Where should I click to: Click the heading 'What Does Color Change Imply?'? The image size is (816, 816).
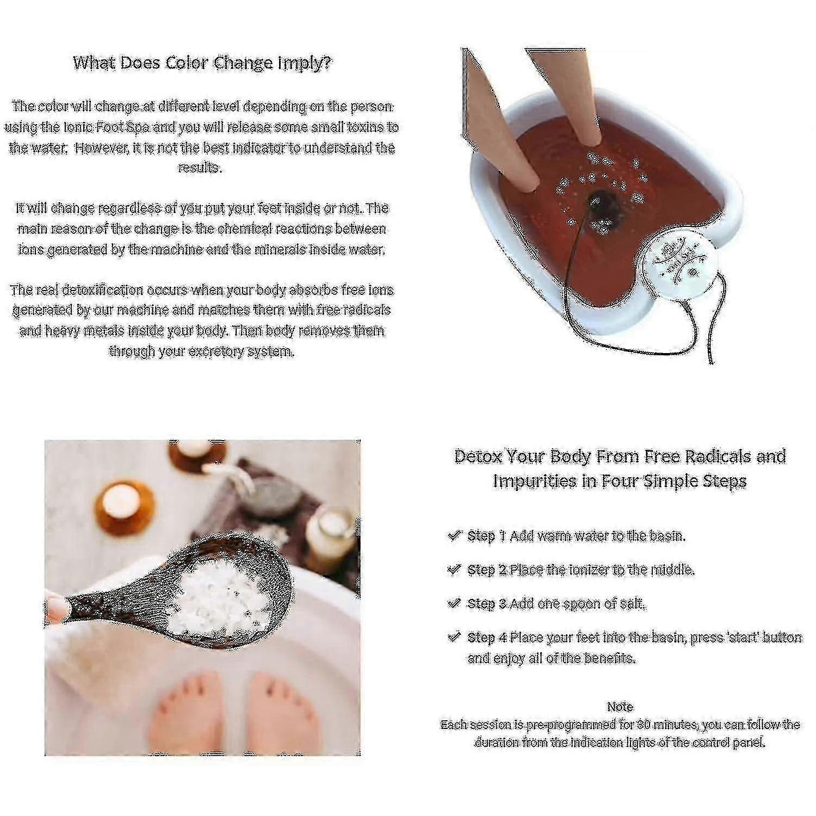202,63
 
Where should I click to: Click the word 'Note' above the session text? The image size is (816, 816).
620,707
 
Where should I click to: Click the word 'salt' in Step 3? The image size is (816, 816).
633,604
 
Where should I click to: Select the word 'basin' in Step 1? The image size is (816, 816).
666,536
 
